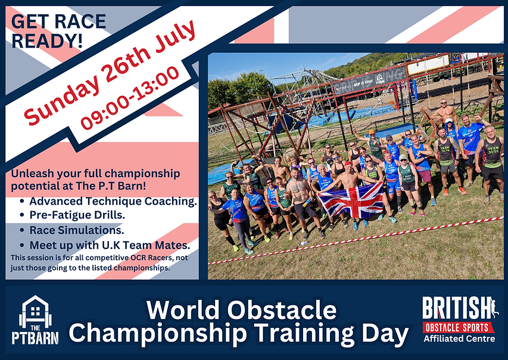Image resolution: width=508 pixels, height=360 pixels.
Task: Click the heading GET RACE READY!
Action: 58,31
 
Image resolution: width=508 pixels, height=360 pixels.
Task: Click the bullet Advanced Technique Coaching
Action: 113,202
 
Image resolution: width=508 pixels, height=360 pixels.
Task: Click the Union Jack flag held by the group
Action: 351,200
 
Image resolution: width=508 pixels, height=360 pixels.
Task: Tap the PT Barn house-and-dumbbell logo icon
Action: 35,312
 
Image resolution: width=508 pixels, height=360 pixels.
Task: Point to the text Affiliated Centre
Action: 459,339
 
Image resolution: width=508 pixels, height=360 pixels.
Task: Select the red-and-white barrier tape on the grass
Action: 357,241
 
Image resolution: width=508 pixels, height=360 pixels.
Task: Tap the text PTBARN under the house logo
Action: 35,338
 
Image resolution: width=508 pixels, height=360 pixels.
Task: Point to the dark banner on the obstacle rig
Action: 369,81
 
